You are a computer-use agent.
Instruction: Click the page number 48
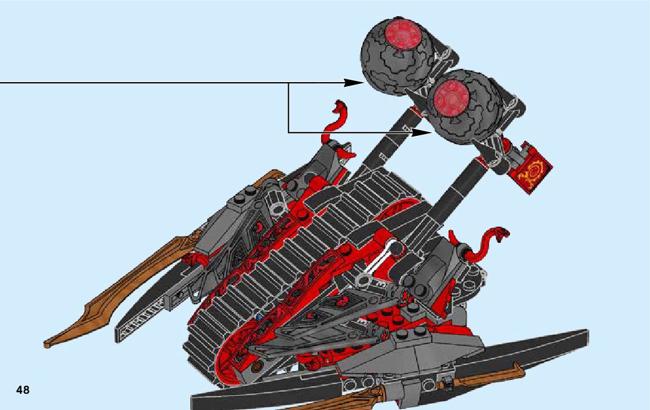pos(23,390)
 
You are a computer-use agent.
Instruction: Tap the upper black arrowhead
pos(354,83)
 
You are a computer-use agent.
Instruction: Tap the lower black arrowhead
pos(423,132)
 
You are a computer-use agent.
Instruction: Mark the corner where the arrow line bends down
pos(288,83)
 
